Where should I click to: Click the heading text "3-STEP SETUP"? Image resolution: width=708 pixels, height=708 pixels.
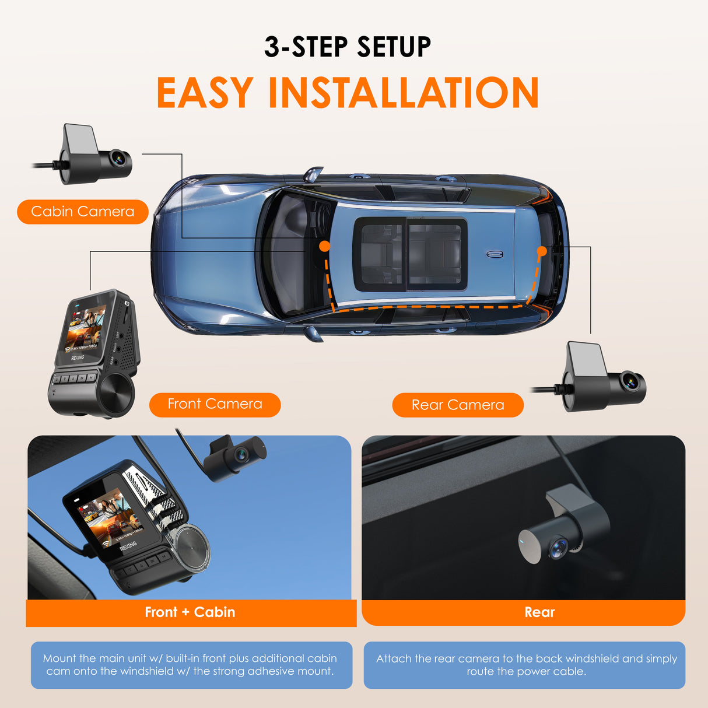click(348, 47)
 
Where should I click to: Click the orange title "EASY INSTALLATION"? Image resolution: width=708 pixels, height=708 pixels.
click(348, 93)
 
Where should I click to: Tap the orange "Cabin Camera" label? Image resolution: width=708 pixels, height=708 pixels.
click(83, 212)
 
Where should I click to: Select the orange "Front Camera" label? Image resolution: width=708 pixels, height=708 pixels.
click(215, 404)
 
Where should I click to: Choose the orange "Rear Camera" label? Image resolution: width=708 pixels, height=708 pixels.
click(458, 405)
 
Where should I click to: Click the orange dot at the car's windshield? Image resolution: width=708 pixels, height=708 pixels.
click(325, 247)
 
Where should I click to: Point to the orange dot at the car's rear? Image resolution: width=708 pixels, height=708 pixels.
click(542, 251)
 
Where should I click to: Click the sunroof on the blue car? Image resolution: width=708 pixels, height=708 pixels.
click(411, 254)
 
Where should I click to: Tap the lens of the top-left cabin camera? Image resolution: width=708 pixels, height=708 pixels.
click(119, 158)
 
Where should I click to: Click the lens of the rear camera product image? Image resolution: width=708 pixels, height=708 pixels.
click(630, 382)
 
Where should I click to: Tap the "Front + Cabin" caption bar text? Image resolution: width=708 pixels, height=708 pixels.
click(190, 612)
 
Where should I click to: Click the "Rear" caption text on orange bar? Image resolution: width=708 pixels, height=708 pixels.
click(539, 612)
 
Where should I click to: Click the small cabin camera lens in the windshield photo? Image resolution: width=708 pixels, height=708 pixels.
click(241, 453)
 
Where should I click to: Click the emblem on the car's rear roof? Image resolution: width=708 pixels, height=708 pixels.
click(495, 254)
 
